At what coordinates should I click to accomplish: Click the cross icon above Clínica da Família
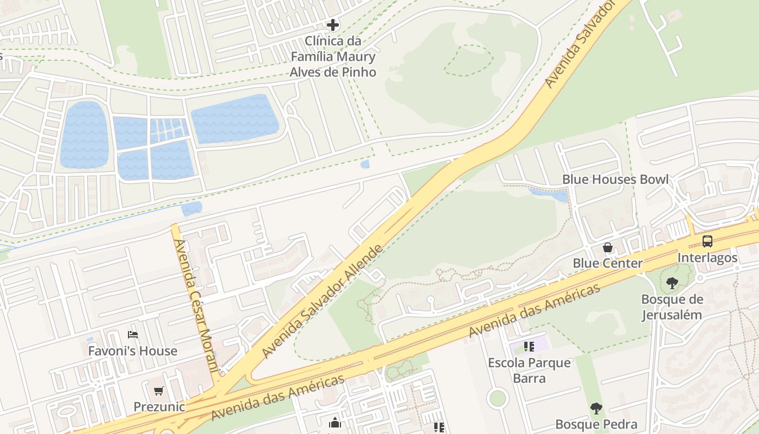(x=333, y=25)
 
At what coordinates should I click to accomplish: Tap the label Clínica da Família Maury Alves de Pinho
(x=333, y=56)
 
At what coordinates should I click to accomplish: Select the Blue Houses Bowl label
(x=615, y=180)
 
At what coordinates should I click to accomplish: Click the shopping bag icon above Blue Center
(x=608, y=248)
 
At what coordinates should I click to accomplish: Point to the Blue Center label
(x=607, y=264)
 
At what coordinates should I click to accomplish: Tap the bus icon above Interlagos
(x=707, y=241)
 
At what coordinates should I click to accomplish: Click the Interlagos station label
(x=707, y=257)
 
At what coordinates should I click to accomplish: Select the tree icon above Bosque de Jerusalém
(x=672, y=283)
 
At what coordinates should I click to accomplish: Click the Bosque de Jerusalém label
(x=672, y=307)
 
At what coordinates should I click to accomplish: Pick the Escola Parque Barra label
(x=529, y=370)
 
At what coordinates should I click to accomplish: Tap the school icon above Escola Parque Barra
(x=529, y=346)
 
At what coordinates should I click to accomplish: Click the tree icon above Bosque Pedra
(x=596, y=409)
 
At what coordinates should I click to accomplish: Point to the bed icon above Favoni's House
(x=133, y=335)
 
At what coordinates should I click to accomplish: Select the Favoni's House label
(x=133, y=351)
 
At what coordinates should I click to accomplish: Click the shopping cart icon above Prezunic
(x=158, y=391)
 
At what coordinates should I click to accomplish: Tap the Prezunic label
(x=159, y=406)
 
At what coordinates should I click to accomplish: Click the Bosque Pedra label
(x=596, y=424)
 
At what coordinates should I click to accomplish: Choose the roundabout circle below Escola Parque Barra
(x=498, y=399)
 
